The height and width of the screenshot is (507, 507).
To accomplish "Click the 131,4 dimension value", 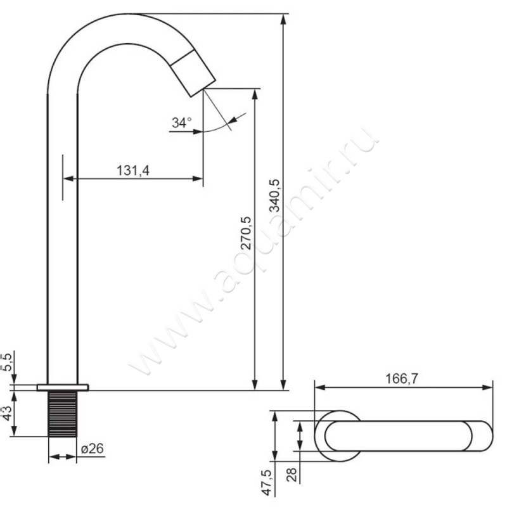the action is (x=133, y=170).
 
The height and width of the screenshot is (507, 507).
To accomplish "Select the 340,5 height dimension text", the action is (x=275, y=196).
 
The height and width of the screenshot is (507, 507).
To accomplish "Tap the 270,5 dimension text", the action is (x=246, y=233).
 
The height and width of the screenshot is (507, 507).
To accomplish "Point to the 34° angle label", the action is (x=181, y=123).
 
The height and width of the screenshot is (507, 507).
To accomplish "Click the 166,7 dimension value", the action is (x=402, y=378).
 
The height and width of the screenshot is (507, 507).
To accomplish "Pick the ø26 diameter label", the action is (x=92, y=449).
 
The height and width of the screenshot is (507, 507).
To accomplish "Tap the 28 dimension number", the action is (x=292, y=475).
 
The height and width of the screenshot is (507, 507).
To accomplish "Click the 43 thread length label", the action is (x=6, y=413).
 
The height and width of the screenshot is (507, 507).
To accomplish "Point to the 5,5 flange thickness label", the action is (x=6, y=362).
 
